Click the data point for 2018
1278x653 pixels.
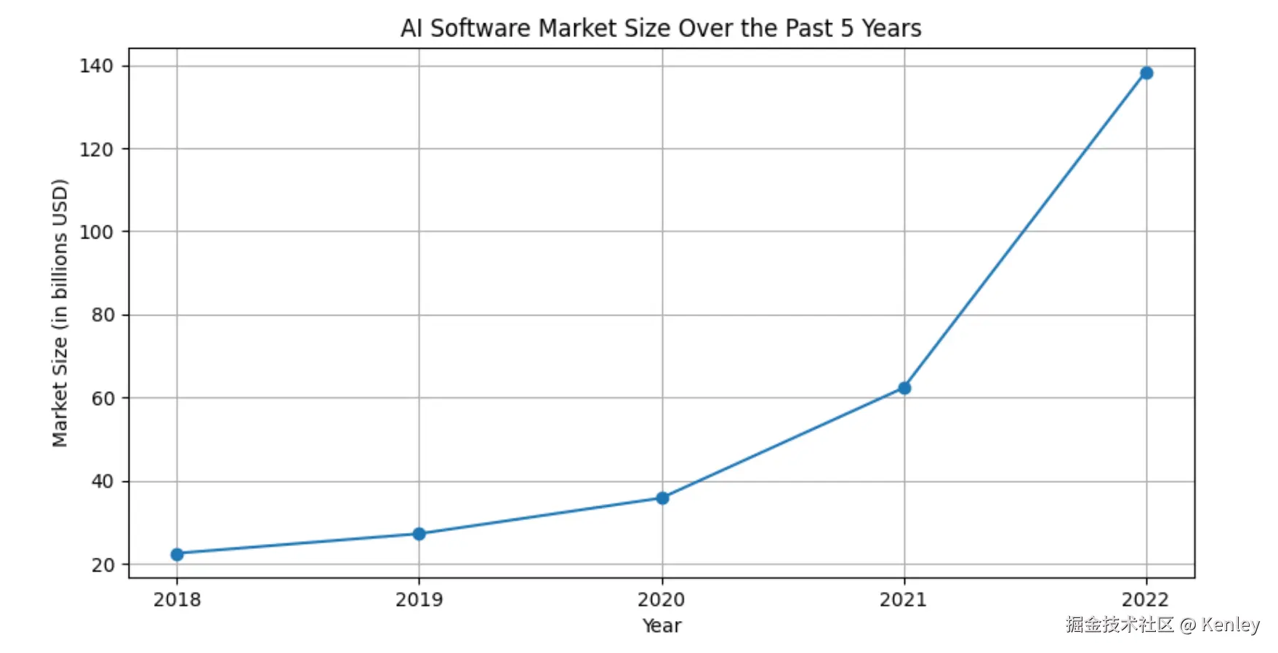pos(177,554)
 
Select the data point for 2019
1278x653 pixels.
pos(419,534)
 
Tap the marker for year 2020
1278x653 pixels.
pos(662,498)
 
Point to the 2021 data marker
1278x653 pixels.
pos(904,388)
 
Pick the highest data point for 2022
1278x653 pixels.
pos(1146,73)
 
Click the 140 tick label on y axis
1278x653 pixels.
pos(97,66)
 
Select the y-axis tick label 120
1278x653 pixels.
pos(97,149)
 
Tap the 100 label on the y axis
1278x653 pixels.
pos(97,232)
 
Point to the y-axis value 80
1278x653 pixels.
pos(103,315)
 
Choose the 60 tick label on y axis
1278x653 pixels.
pos(103,398)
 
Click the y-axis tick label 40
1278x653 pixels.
pos(103,481)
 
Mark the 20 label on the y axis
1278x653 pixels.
pos(103,565)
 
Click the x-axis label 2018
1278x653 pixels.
pos(177,600)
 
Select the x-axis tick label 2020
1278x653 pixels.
pos(661,600)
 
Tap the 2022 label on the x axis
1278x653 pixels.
pos(1145,600)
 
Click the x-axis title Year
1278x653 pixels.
pos(662,626)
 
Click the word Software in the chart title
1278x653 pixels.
pos(480,28)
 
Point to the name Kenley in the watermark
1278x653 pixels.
pos(1230,625)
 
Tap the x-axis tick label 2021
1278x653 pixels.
pos(903,600)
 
